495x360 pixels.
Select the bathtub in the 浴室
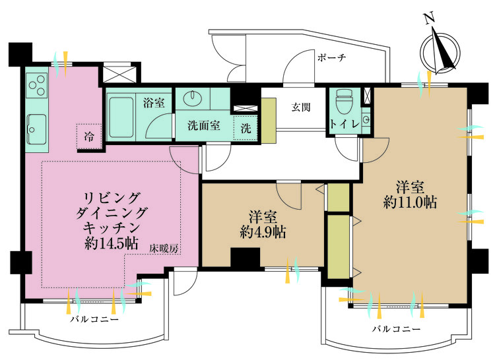(121, 117)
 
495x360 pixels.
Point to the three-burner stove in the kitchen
(37, 85)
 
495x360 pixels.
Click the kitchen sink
(36, 129)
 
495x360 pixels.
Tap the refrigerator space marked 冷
(89, 136)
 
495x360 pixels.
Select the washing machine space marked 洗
(246, 128)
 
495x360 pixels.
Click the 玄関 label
(301, 107)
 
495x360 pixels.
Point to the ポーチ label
(332, 57)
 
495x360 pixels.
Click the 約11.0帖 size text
(411, 202)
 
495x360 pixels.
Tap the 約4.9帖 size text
(263, 232)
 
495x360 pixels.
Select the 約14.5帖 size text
(111, 243)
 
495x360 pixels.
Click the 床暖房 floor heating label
(164, 249)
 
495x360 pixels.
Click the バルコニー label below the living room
(94, 320)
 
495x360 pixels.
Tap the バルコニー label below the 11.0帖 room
(397, 330)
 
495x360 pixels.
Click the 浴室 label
(154, 102)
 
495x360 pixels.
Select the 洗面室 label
(204, 126)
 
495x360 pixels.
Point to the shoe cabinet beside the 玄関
(269, 120)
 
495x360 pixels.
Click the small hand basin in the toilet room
(366, 119)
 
